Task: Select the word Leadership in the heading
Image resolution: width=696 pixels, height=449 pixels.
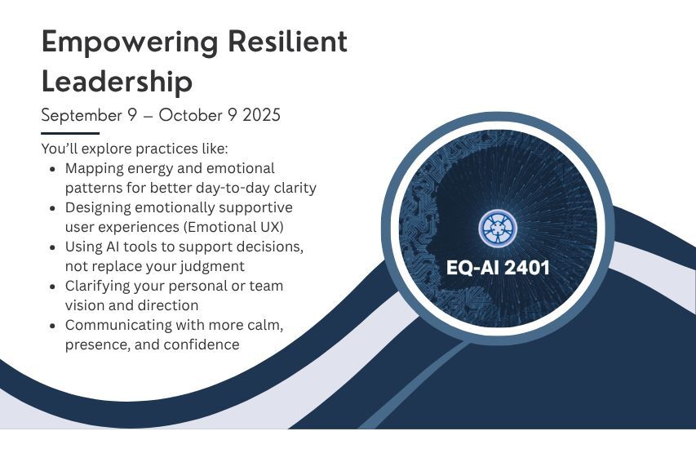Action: (x=117, y=82)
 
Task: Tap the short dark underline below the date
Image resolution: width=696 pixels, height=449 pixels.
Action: (x=70, y=133)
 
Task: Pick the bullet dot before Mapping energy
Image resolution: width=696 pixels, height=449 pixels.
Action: (x=53, y=169)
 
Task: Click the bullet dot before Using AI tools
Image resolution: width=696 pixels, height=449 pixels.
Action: (x=53, y=247)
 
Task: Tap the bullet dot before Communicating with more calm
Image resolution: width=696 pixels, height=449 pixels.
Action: (x=53, y=326)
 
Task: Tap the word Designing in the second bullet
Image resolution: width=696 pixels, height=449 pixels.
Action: (x=98, y=207)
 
